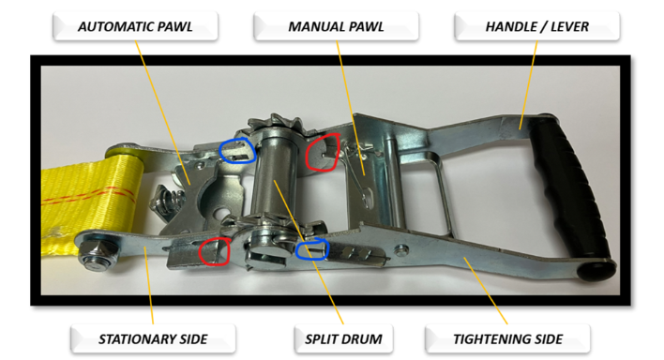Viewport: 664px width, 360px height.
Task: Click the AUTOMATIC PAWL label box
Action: (135, 26)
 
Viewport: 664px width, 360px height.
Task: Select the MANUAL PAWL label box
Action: (337, 26)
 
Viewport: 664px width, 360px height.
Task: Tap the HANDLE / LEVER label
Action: (537, 26)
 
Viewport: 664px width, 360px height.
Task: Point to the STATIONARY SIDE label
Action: (153, 338)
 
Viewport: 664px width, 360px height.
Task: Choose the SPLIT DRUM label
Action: (343, 338)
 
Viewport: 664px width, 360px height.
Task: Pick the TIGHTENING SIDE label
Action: (507, 338)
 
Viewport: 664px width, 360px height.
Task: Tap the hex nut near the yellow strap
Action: (97, 255)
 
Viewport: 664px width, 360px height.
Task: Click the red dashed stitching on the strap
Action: (90, 196)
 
